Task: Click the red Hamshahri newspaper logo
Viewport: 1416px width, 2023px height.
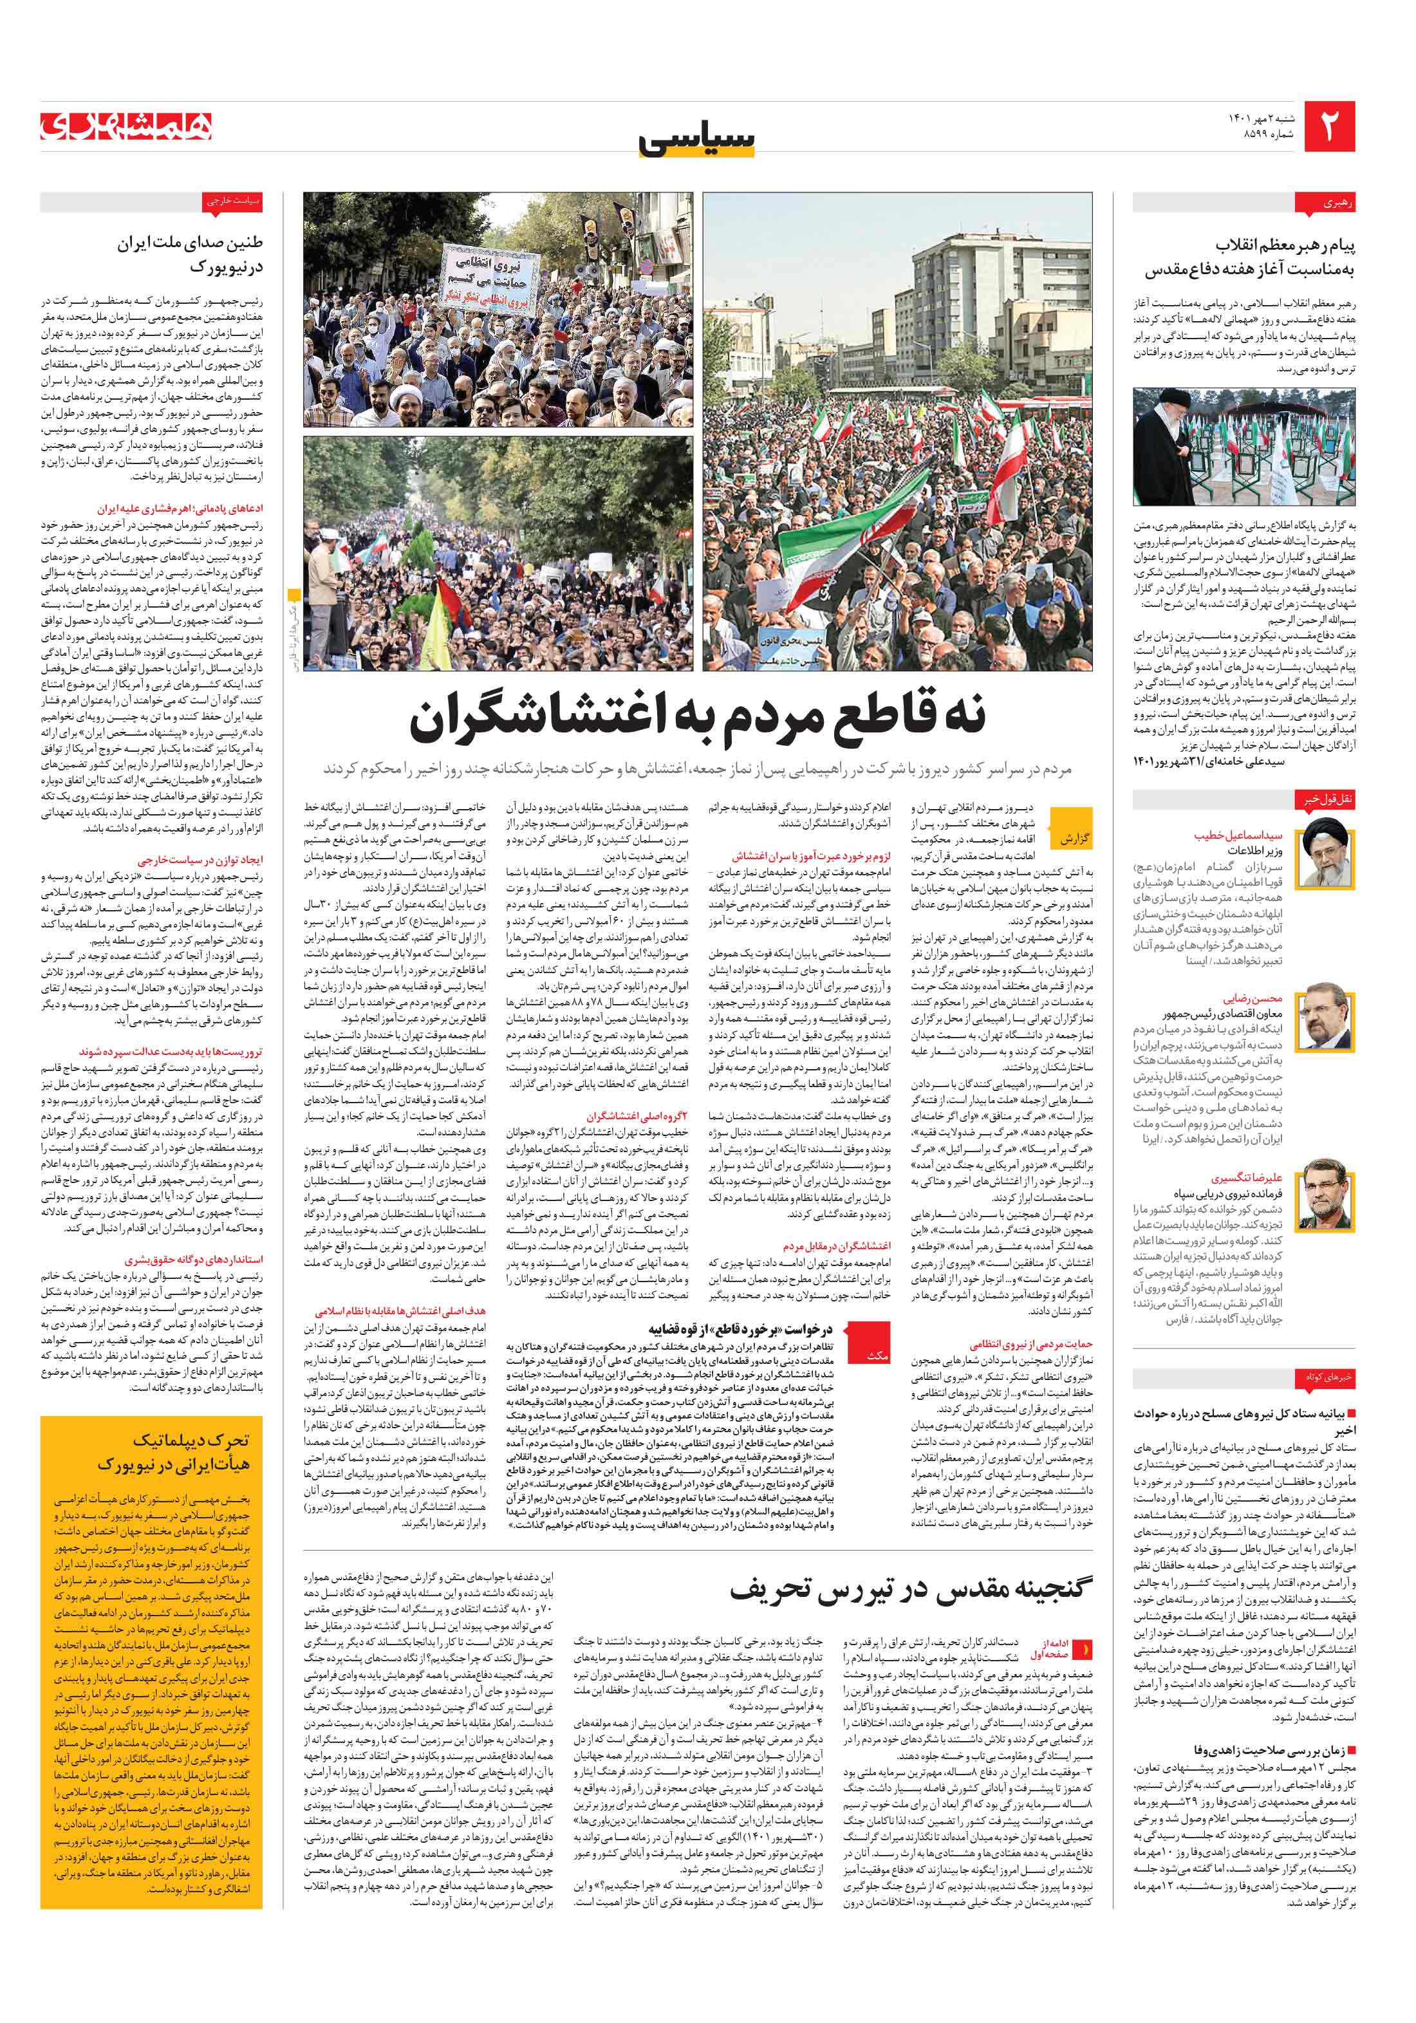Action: pyautogui.click(x=126, y=127)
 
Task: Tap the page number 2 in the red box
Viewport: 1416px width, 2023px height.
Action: pyautogui.click(x=1328, y=126)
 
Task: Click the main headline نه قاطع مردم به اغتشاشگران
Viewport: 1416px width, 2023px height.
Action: pyautogui.click(x=697, y=717)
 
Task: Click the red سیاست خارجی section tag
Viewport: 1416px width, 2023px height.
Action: pyautogui.click(x=232, y=201)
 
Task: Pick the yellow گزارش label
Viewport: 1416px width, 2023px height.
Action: pyautogui.click(x=1075, y=838)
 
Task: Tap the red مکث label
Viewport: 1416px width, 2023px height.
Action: pyautogui.click(x=878, y=1355)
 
